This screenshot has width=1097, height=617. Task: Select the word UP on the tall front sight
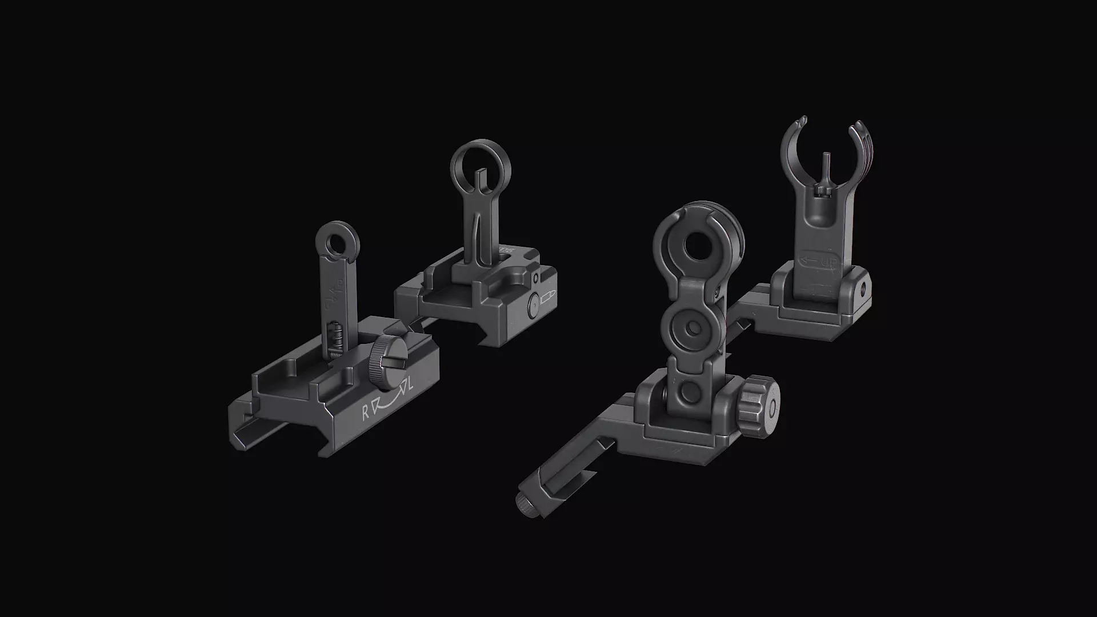coord(828,262)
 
